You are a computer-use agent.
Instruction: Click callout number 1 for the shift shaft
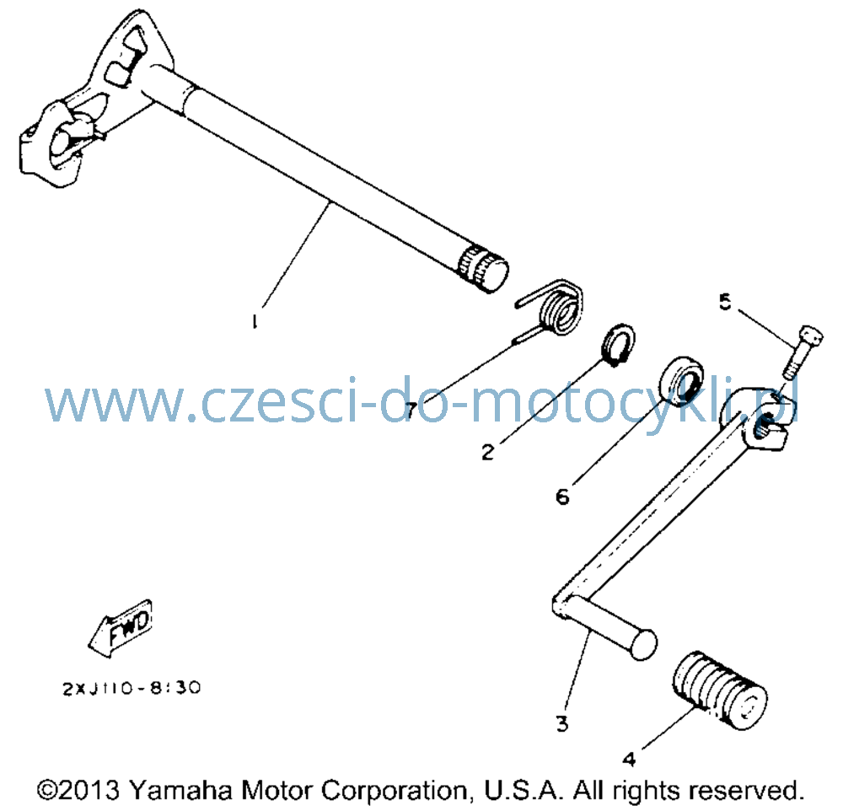(255, 321)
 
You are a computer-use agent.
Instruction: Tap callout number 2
(487, 452)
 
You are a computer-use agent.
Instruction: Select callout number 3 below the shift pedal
(561, 724)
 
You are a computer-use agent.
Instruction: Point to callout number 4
(629, 759)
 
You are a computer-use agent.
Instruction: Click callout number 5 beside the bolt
(725, 302)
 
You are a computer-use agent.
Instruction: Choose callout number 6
(562, 497)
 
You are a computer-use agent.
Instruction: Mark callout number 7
(411, 411)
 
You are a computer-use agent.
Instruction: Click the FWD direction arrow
(121, 627)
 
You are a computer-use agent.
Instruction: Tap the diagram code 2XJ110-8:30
(132, 688)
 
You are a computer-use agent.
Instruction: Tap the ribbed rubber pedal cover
(719, 690)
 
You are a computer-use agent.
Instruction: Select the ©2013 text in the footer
(79, 790)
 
